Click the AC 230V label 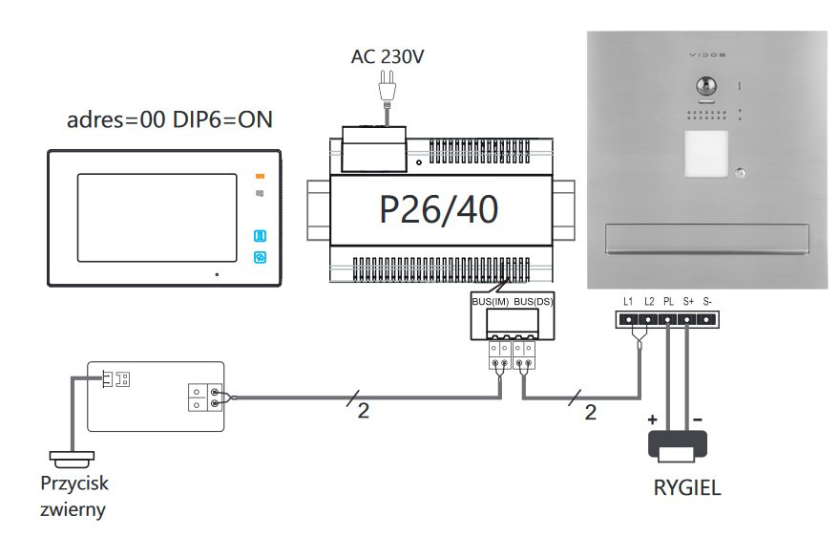tap(388, 56)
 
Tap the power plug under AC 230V tap(387, 87)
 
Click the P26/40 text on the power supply tap(439, 209)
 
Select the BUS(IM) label tap(490, 301)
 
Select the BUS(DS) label tap(533, 301)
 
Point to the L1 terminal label tap(628, 301)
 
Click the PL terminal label tap(668, 301)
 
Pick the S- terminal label tap(707, 301)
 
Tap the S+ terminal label tap(688, 301)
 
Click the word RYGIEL tap(687, 487)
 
